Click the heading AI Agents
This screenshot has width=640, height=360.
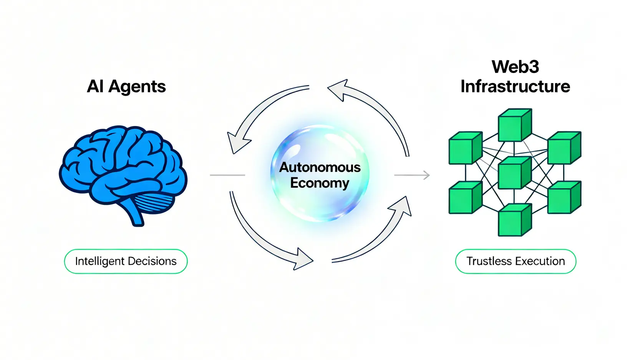click(x=126, y=86)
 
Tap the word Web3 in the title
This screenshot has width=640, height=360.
click(x=515, y=67)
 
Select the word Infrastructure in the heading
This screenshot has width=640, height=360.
click(x=515, y=86)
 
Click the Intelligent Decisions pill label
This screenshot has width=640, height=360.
click(x=126, y=261)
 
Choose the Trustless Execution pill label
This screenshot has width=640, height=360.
click(x=516, y=261)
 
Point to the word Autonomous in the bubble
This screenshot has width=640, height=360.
click(x=320, y=167)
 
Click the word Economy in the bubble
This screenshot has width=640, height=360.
click(x=320, y=183)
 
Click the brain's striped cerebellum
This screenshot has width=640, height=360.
click(x=154, y=202)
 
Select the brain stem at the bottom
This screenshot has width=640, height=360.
click(x=136, y=217)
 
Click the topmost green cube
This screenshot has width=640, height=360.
click(x=514, y=125)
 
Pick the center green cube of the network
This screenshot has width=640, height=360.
click(x=514, y=173)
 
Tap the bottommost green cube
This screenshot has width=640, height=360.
click(x=514, y=220)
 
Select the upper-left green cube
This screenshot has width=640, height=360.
click(x=465, y=148)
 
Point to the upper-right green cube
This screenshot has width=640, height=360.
click(x=564, y=148)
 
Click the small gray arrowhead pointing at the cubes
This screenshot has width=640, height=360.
click(x=426, y=175)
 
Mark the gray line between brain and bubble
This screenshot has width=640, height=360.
click(x=227, y=175)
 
